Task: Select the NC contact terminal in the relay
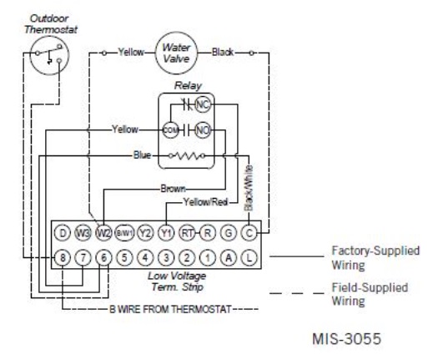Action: pos(203,104)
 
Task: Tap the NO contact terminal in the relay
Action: pos(203,130)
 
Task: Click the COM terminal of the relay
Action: pos(170,130)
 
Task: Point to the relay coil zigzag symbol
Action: pos(187,155)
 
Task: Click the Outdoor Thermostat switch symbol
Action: pos(49,55)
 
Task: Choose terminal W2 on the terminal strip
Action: pos(103,232)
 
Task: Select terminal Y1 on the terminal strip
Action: pos(166,232)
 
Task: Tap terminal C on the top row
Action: pos(249,232)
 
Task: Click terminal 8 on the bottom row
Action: pos(63,257)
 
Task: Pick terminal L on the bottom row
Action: pos(249,257)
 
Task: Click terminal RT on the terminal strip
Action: pos(187,232)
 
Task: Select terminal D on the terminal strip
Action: pos(63,232)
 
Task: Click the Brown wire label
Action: pos(173,189)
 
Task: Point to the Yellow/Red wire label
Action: pos(205,202)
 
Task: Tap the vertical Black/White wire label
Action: pos(249,188)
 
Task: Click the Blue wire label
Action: pos(142,155)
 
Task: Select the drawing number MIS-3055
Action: pos(346,339)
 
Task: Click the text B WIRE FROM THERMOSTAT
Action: pos(170,309)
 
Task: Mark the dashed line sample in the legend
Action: pos(297,293)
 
